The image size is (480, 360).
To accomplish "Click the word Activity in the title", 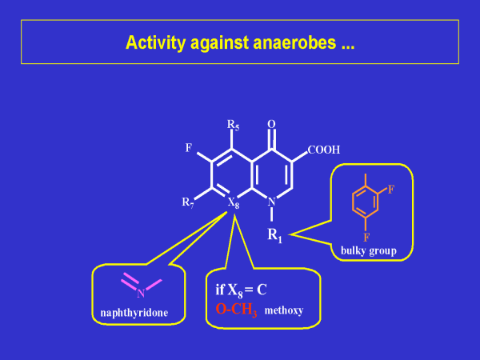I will pos(157,42).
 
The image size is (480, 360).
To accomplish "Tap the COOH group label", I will pos(323,150).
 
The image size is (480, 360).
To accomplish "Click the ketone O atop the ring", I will pos(271,124).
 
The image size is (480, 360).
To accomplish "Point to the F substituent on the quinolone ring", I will pos(188,149).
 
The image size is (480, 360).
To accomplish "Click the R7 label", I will pos(188,202).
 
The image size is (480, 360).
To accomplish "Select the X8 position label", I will pos(233,202).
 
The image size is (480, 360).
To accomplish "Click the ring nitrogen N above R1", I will pos(271,202).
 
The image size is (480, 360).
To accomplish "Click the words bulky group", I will pos(369,250).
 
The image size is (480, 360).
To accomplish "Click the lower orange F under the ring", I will pos(365,237).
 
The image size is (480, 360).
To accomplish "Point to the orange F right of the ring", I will pos(392,190).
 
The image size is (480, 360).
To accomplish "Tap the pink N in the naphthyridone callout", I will pos(140,293).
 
